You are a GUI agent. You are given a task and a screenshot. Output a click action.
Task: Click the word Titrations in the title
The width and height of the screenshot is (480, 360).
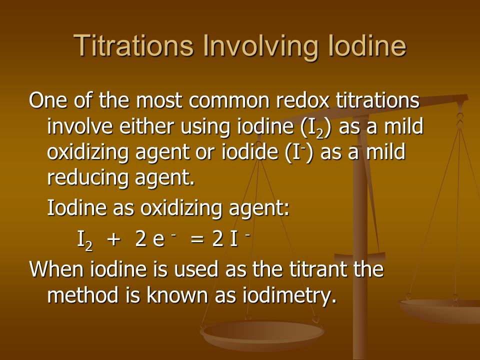[x=133, y=45]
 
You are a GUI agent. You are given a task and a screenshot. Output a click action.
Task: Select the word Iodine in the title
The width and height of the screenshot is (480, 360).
[x=366, y=45]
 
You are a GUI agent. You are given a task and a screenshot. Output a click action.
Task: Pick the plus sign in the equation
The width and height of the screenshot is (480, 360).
[x=113, y=239]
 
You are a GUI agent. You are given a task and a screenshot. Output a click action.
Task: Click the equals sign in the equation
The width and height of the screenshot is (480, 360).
[x=197, y=239]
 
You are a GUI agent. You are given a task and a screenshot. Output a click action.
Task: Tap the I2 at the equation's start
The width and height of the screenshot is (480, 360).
[x=85, y=240]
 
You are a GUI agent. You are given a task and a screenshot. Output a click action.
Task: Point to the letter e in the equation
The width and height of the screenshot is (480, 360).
[x=158, y=240]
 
